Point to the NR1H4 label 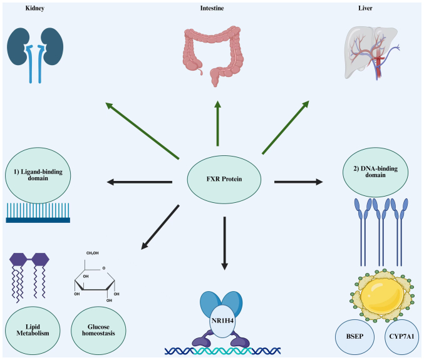[x=222, y=322]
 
